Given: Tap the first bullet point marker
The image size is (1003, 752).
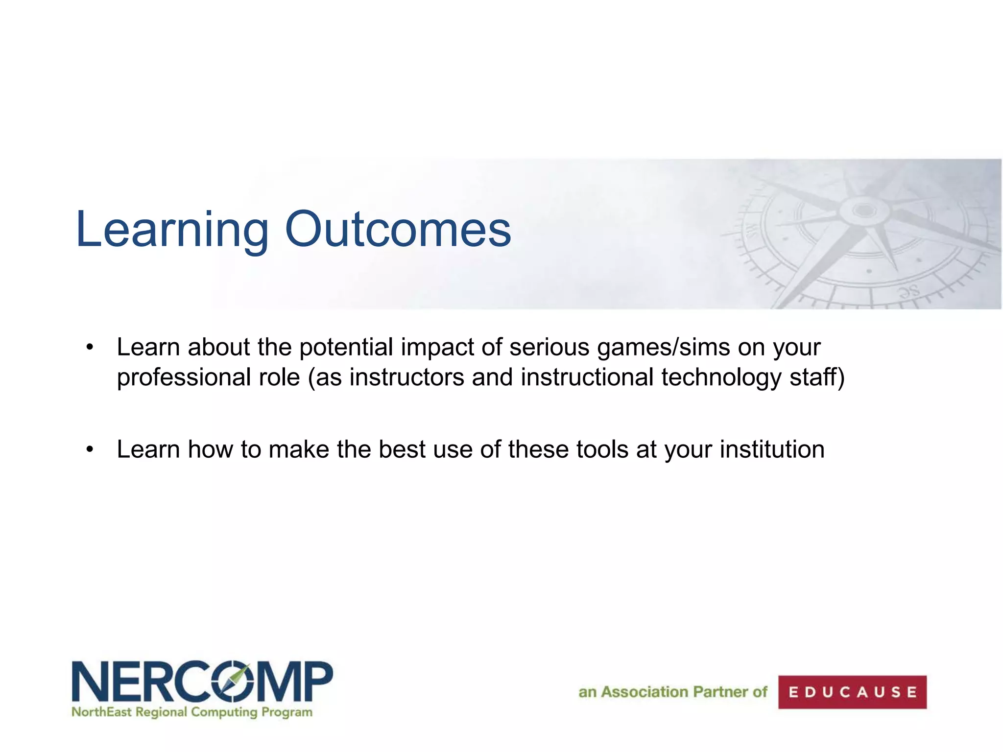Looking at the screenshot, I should (89, 348).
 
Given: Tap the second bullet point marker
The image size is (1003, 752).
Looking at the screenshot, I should (89, 449).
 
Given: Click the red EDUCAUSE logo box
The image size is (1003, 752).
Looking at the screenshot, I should (852, 692).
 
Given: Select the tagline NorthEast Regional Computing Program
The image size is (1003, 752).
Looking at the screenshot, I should (191, 712).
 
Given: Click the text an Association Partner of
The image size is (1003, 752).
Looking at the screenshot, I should (672, 692).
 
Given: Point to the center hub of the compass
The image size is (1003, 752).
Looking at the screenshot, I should (864, 211).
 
